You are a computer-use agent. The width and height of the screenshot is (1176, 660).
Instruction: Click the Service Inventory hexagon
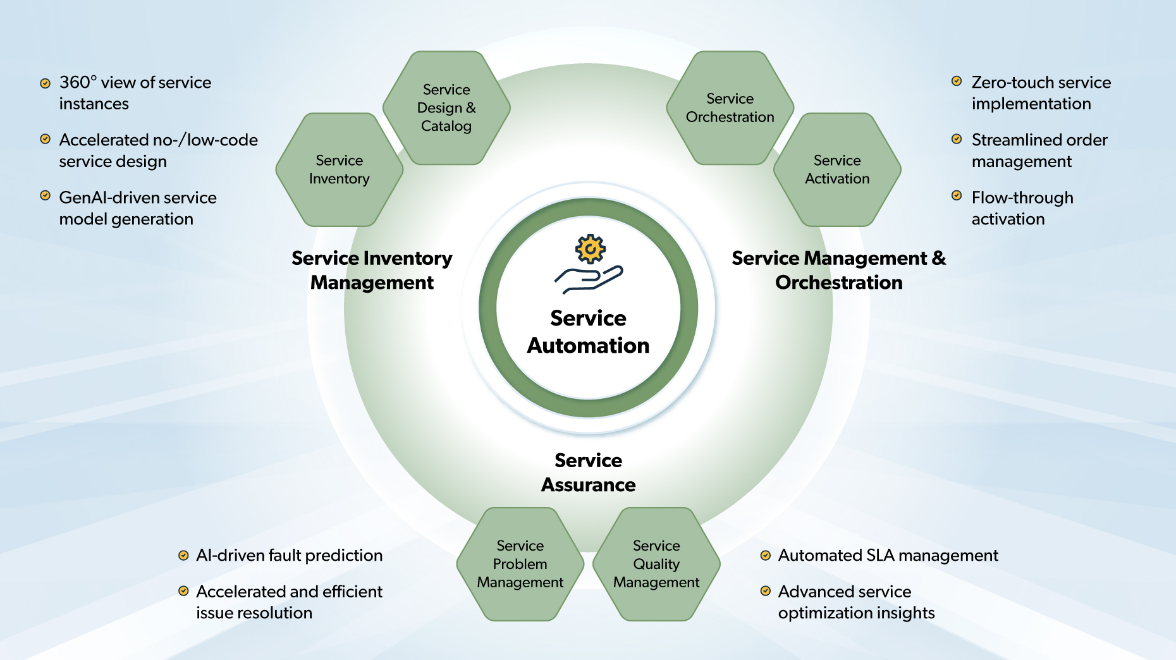[x=340, y=169]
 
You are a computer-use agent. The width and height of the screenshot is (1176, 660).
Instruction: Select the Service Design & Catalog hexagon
[x=446, y=108]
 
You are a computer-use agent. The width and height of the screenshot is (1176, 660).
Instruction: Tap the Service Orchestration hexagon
[x=730, y=108]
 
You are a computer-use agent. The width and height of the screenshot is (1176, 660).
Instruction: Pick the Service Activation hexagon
[x=837, y=169]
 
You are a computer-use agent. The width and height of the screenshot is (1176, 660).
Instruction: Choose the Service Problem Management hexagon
[x=520, y=564]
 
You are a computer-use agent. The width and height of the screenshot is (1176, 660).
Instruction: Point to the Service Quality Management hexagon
[x=656, y=564]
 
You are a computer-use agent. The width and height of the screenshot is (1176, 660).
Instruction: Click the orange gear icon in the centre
[x=591, y=249]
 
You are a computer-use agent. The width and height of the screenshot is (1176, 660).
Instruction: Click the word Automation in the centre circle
[x=588, y=346]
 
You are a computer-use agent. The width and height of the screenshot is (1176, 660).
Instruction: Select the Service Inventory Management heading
[x=372, y=271]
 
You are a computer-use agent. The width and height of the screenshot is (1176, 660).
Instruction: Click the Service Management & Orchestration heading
[x=838, y=271]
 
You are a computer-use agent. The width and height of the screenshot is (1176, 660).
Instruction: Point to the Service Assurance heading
[x=588, y=472]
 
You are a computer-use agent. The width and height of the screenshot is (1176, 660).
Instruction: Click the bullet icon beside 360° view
[x=46, y=83]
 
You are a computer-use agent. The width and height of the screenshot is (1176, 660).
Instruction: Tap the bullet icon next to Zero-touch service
[x=957, y=82]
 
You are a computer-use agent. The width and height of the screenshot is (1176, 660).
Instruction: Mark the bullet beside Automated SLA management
[x=765, y=556]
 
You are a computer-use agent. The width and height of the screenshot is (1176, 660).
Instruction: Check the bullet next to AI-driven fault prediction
[x=183, y=556]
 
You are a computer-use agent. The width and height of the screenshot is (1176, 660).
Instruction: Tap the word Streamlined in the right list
[x=1009, y=140]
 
